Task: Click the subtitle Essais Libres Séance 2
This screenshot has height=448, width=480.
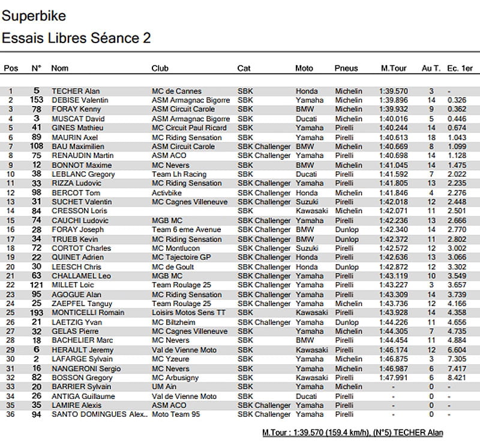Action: pyautogui.click(x=76, y=38)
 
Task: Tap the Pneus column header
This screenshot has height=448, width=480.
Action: pyautogui.click(x=346, y=68)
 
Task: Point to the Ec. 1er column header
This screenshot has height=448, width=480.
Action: pyautogui.click(x=460, y=68)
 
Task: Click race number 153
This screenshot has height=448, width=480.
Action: pyautogui.click(x=37, y=100)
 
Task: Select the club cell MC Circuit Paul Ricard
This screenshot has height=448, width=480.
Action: pyautogui.click(x=189, y=128)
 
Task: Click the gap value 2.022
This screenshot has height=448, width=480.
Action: pyautogui.click(x=457, y=174)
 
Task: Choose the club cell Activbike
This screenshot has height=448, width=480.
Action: pyautogui.click(x=167, y=192)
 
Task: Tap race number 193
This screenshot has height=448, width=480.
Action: pyautogui.click(x=37, y=313)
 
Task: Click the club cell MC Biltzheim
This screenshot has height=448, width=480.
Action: pyautogui.click(x=175, y=322)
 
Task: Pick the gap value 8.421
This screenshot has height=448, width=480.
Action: pyautogui.click(x=457, y=377)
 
